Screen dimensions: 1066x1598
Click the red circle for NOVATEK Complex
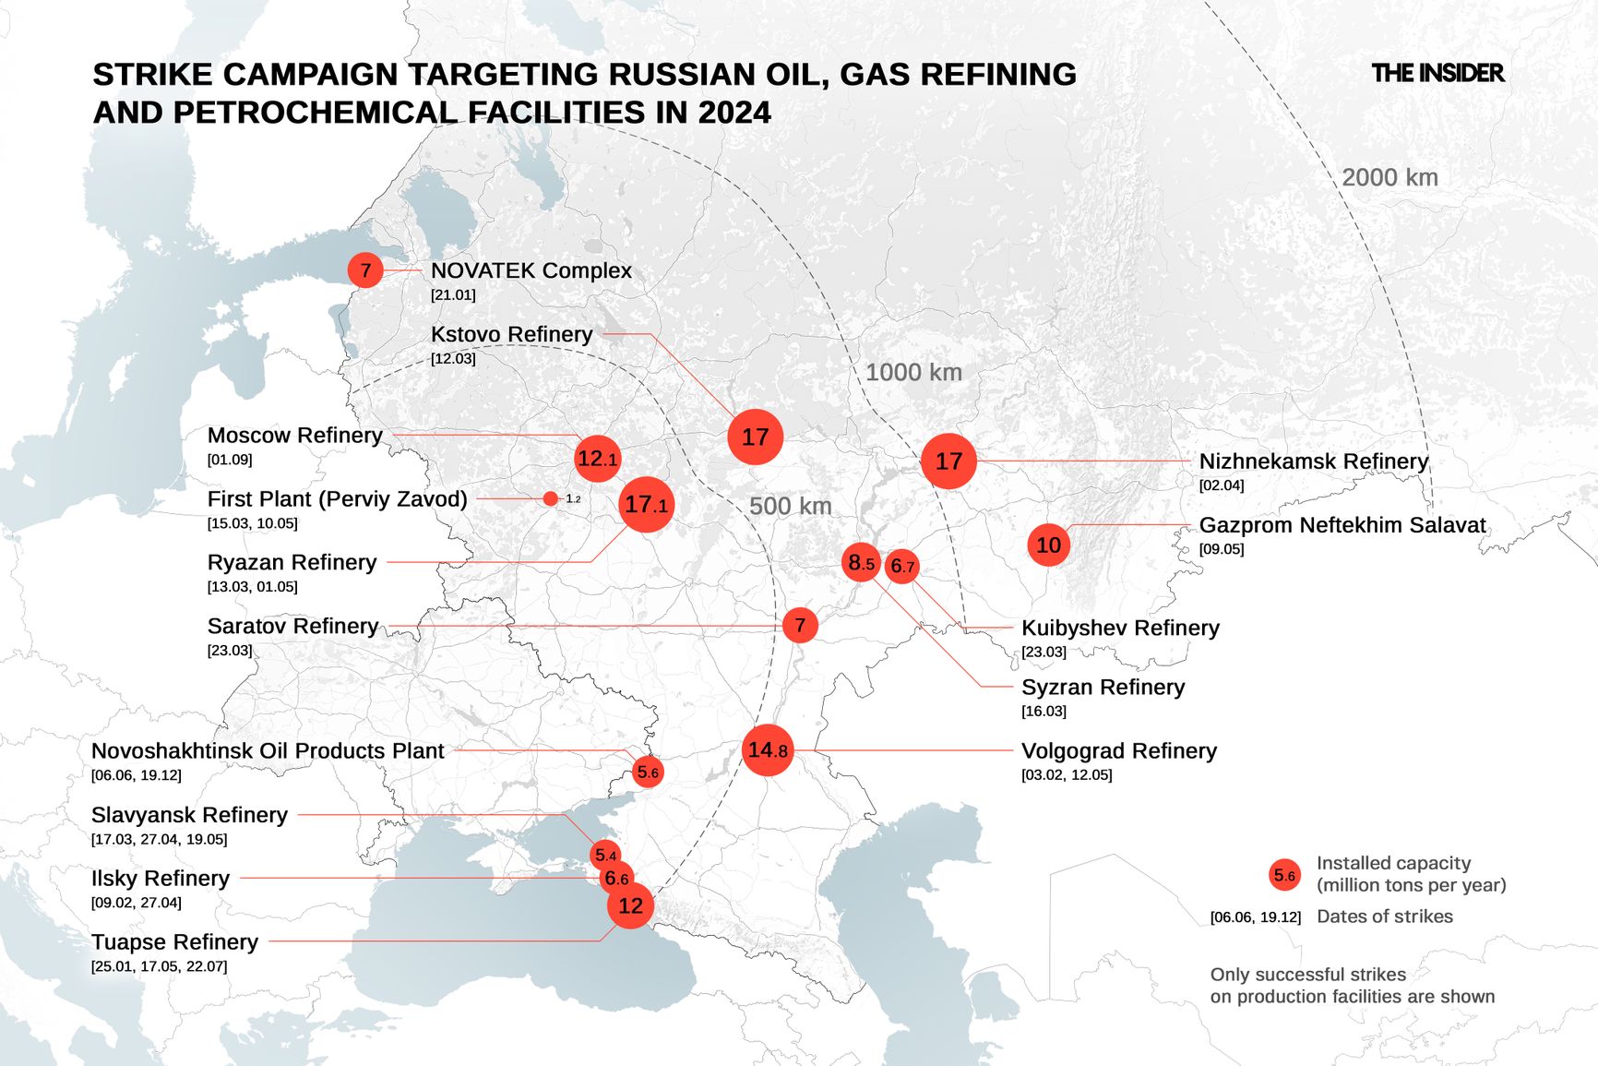point(365,270)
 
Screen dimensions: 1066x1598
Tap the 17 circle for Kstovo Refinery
point(755,437)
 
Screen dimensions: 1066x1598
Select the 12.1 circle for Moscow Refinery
point(597,459)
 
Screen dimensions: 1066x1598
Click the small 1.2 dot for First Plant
point(551,498)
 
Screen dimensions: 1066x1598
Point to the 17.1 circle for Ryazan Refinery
point(646,505)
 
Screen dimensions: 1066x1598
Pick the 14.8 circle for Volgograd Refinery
point(768,750)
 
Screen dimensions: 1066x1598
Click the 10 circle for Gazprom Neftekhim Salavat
point(1048,545)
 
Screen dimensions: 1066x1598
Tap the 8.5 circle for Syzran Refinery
point(861,562)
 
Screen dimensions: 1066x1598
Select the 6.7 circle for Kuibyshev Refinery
point(901,567)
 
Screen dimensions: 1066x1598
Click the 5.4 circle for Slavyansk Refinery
point(604,856)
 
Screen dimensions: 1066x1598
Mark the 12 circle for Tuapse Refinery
point(630,905)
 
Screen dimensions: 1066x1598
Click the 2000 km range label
point(1389,177)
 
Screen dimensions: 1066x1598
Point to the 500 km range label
point(790,506)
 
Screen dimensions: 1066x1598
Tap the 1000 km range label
point(913,372)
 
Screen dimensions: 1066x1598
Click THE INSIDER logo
point(1437,73)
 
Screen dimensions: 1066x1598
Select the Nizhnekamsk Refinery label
point(1313,461)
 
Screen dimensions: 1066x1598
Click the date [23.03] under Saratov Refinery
point(230,650)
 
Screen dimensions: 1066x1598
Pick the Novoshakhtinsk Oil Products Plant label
point(268,750)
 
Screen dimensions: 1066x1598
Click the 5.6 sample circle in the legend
point(1284,875)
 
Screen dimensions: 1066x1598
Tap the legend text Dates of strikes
point(1384,916)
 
